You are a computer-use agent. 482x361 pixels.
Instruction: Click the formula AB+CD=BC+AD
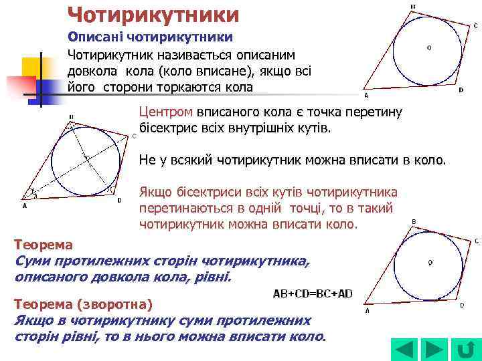(x=312, y=293)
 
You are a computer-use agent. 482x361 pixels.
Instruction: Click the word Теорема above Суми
(x=44, y=244)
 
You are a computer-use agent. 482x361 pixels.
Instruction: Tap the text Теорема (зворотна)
(x=84, y=304)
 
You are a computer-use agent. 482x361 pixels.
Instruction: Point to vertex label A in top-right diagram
(x=366, y=95)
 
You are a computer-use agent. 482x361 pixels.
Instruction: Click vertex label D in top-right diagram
(x=461, y=90)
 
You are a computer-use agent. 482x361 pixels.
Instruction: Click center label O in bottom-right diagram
(x=430, y=261)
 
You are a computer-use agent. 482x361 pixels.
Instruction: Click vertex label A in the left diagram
(x=25, y=207)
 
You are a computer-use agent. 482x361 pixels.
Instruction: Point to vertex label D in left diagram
(x=119, y=199)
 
